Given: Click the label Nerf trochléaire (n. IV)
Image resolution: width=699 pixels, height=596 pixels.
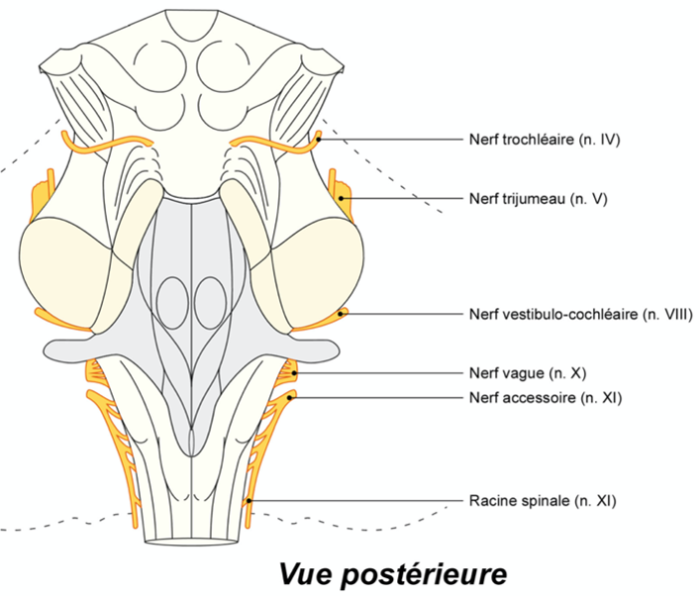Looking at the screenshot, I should [x=544, y=141].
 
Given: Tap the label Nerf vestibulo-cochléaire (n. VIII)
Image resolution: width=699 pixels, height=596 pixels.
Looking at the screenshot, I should [x=579, y=315].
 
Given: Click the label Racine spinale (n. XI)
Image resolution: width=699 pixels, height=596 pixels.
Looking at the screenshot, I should [x=543, y=502].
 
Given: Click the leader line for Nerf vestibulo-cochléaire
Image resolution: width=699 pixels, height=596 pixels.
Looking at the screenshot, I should [x=406, y=315].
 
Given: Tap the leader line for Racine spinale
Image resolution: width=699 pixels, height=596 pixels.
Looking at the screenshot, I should [x=356, y=502].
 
